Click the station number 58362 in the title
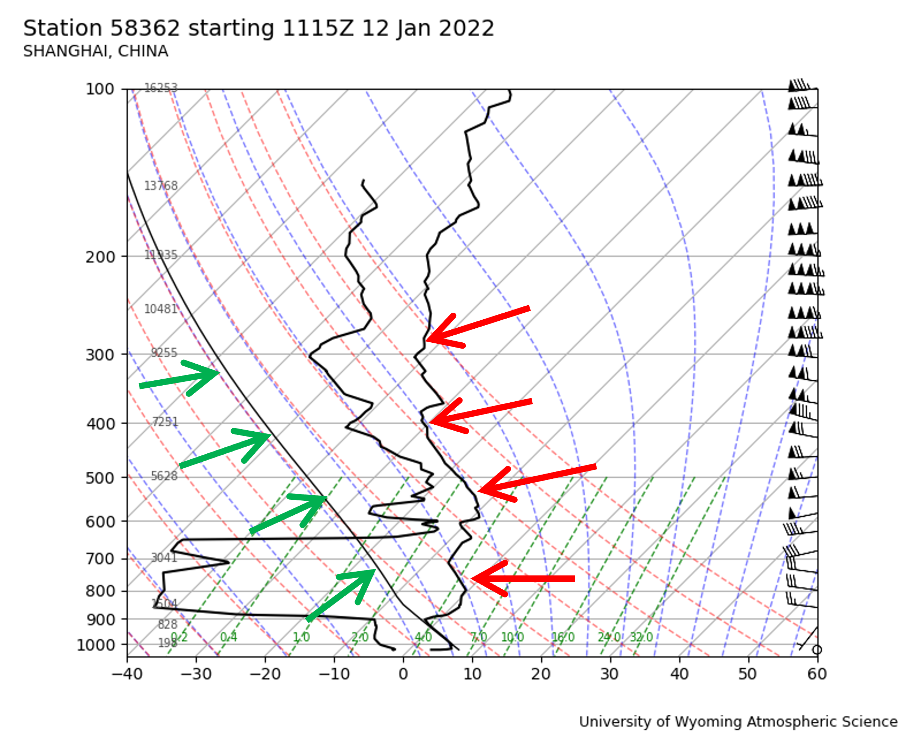pos(145,29)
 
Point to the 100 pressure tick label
pos(100,89)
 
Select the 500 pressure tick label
pos(100,478)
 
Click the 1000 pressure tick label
pos(96,645)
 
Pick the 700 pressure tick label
pos(100,559)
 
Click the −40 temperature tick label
pos(127,675)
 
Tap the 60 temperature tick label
pos(817,675)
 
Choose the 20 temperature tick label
pos(541,675)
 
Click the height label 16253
pos(160,88)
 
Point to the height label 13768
pos(160,186)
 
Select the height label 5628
pos(164,476)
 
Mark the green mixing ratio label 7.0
pos(478,637)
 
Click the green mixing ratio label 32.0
pos(641,637)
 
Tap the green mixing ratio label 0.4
pos(229,637)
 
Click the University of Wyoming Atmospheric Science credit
pos(738,722)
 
